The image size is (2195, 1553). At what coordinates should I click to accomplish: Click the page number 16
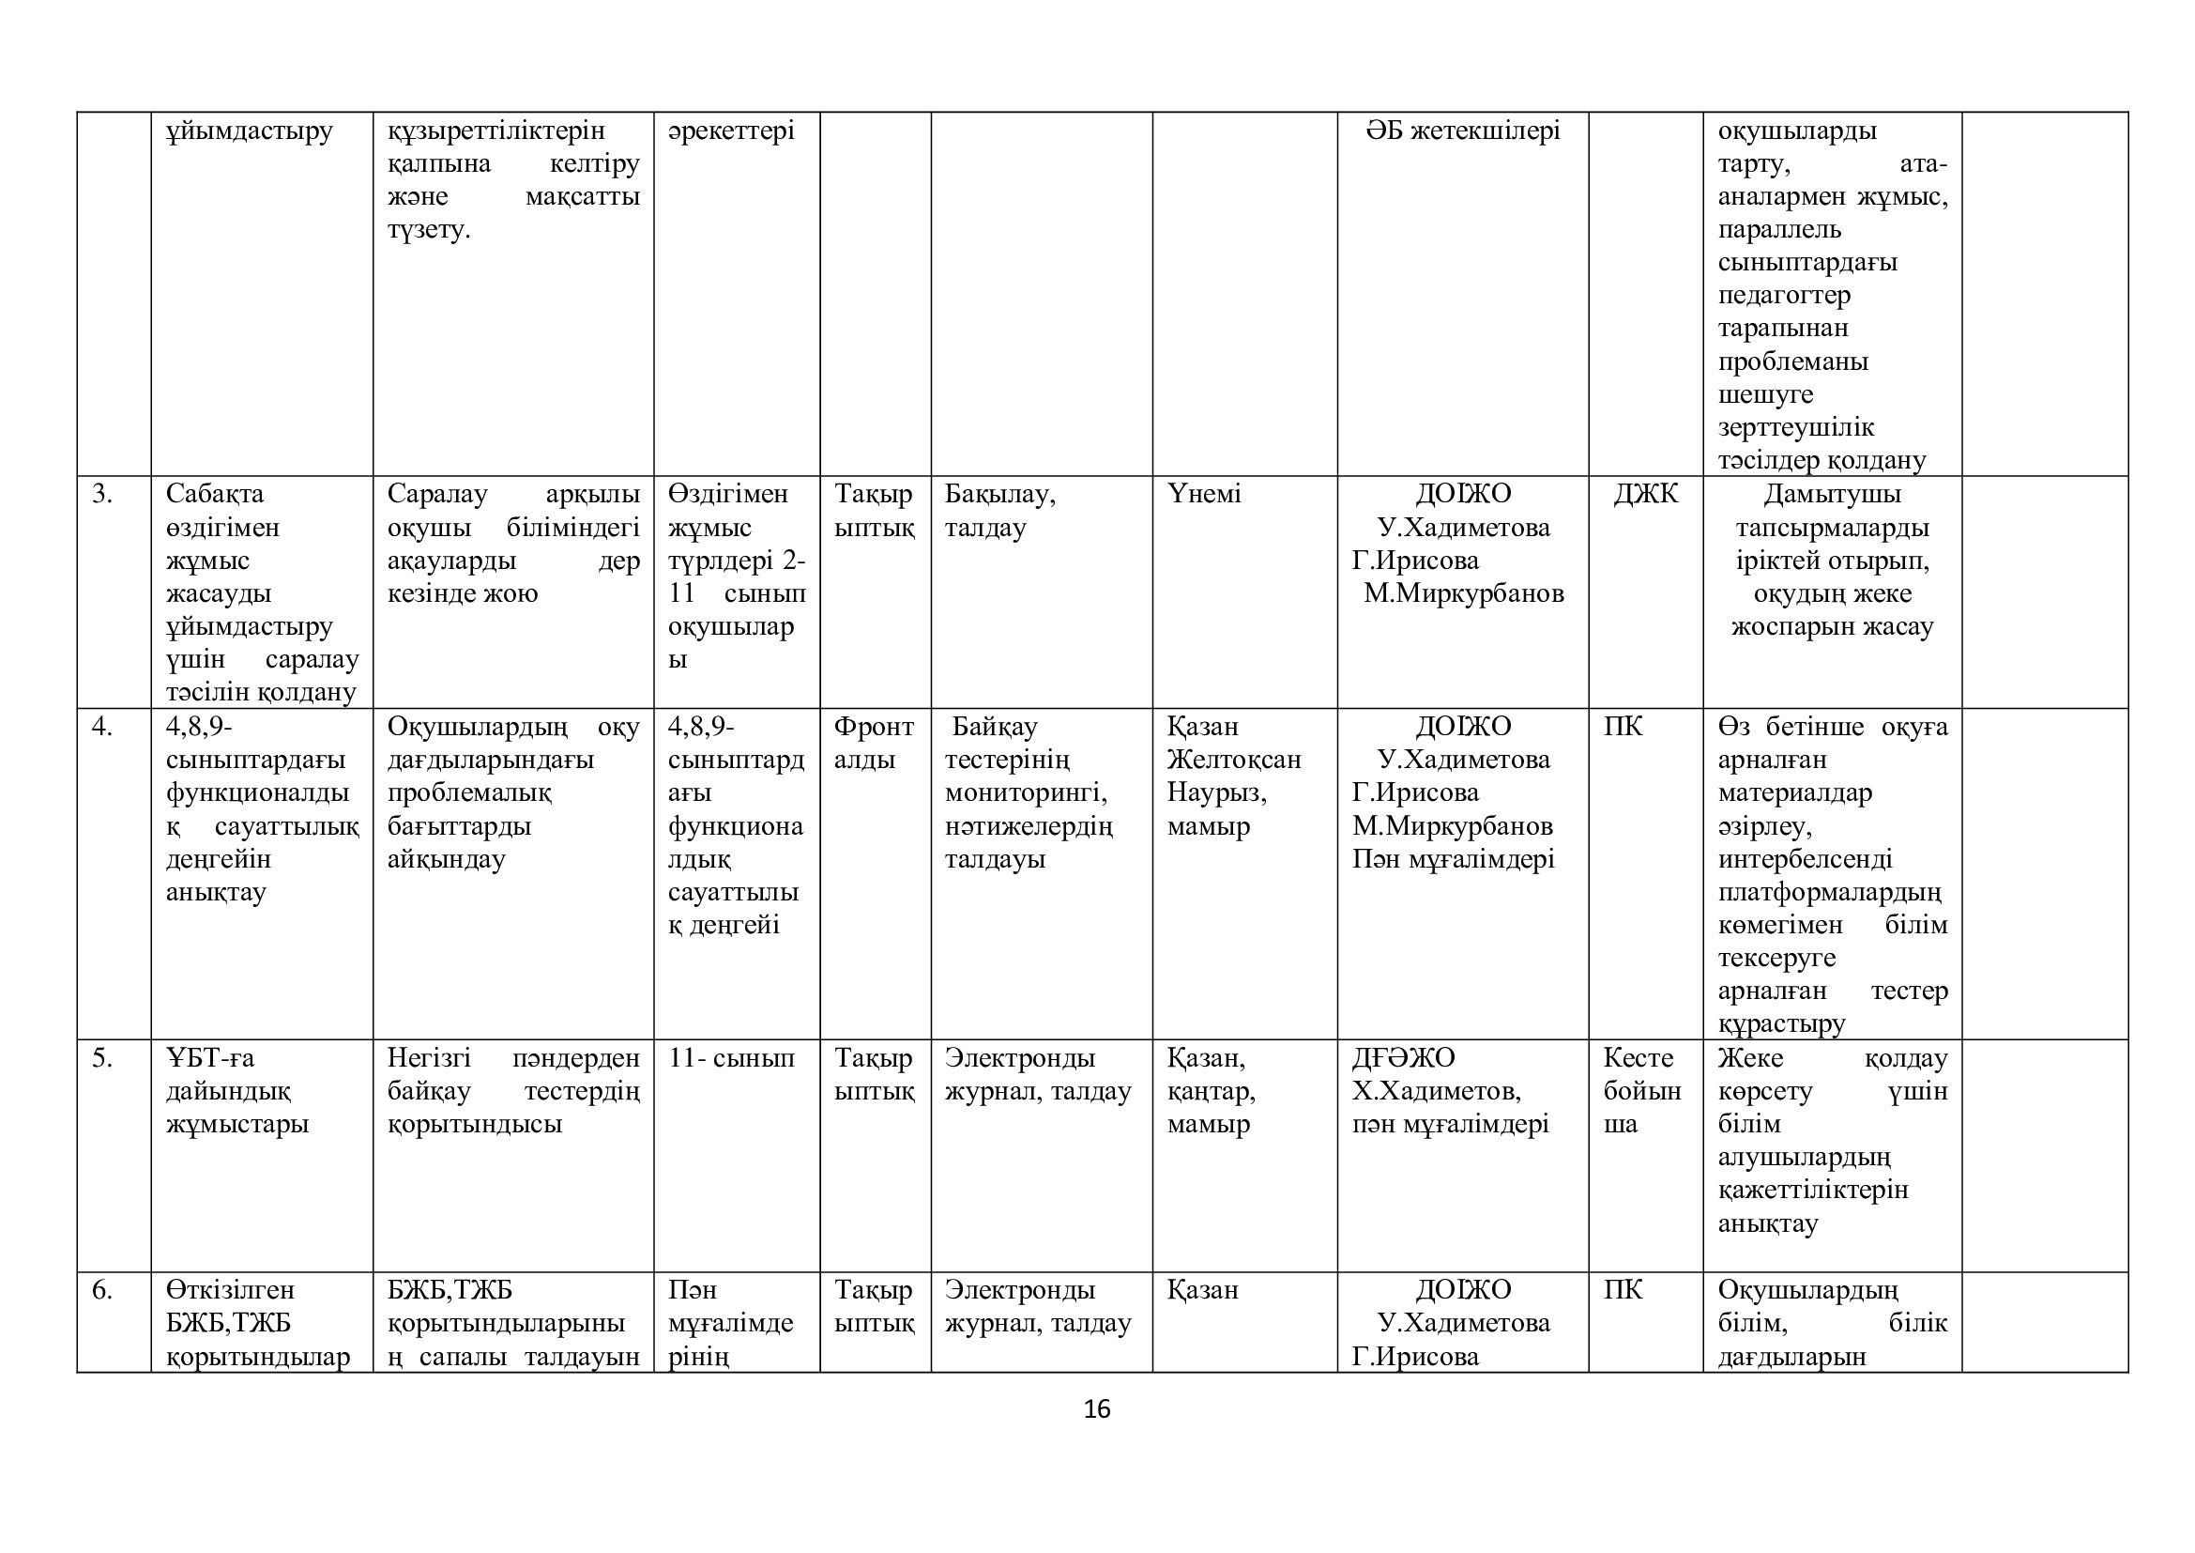pos(1096,1408)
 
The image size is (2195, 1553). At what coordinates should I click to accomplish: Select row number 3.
pos(102,495)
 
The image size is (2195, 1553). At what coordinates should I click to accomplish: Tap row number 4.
pos(102,727)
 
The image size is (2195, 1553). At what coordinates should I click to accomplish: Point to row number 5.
pos(102,1057)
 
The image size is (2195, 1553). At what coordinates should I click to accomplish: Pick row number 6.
pos(102,1290)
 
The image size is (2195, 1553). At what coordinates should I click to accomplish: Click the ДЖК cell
pos(1644,495)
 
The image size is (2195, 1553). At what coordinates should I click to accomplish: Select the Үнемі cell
pos(1204,495)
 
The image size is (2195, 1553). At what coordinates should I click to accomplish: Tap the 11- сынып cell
pos(731,1057)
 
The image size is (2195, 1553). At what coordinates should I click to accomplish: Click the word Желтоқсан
pos(1233,761)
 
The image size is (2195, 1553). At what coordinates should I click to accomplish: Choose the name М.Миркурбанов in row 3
pos(1463,593)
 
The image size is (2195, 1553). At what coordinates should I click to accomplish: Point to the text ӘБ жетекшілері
pos(1463,131)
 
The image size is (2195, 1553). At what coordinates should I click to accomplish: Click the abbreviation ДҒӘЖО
pos(1402,1057)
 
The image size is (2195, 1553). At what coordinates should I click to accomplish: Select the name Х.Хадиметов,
pos(1436,1091)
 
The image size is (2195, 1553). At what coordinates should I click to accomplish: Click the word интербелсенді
pos(1804,860)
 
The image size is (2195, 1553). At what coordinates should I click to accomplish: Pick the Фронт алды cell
pos(874,743)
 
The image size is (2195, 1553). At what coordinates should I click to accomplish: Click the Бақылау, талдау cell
pos(999,511)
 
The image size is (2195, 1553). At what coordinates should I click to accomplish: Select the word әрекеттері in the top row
pos(731,131)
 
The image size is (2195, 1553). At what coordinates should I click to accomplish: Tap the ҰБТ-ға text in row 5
pos(210,1057)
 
